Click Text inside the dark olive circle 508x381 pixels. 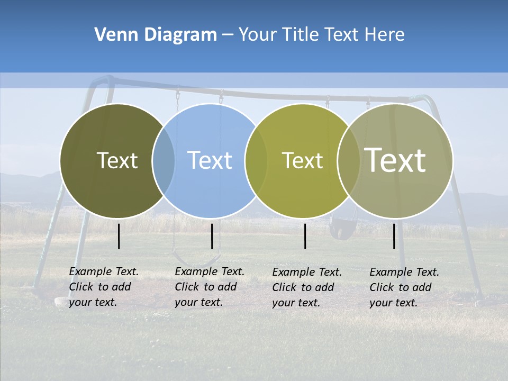(117, 160)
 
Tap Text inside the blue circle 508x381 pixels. (210, 160)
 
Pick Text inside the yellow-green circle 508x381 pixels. (302, 160)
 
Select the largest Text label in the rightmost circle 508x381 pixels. (395, 160)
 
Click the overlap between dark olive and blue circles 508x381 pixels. (164, 161)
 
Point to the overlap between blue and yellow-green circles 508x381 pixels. (256, 161)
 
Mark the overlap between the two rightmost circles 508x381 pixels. (349, 161)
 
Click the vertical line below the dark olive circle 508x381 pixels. (119, 236)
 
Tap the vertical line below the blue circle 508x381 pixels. (212, 236)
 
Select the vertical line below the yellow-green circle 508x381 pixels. (305, 236)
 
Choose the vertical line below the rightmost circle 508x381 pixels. (394, 236)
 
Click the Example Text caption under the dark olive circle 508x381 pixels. (103, 287)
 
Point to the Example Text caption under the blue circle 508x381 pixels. (209, 287)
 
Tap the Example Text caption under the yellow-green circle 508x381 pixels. (306, 287)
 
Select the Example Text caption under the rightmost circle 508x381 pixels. (404, 287)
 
